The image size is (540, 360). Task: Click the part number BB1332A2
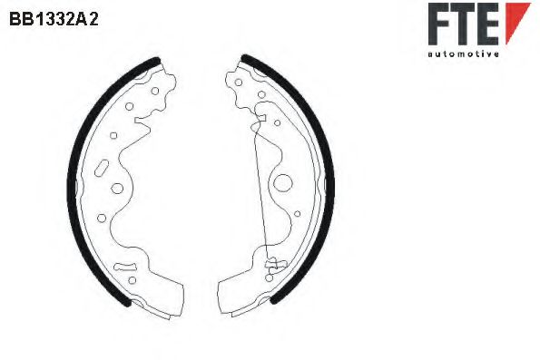coord(54,17)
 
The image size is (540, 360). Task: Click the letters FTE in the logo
coord(464,24)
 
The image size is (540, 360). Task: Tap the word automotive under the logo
coord(463,54)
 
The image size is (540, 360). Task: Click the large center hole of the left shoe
coord(117,190)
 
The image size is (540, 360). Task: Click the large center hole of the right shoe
coord(282,181)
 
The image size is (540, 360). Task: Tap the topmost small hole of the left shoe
coord(153,91)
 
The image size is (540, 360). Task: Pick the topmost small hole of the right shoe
coord(239,83)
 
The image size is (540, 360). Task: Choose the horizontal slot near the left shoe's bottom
coord(127,266)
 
